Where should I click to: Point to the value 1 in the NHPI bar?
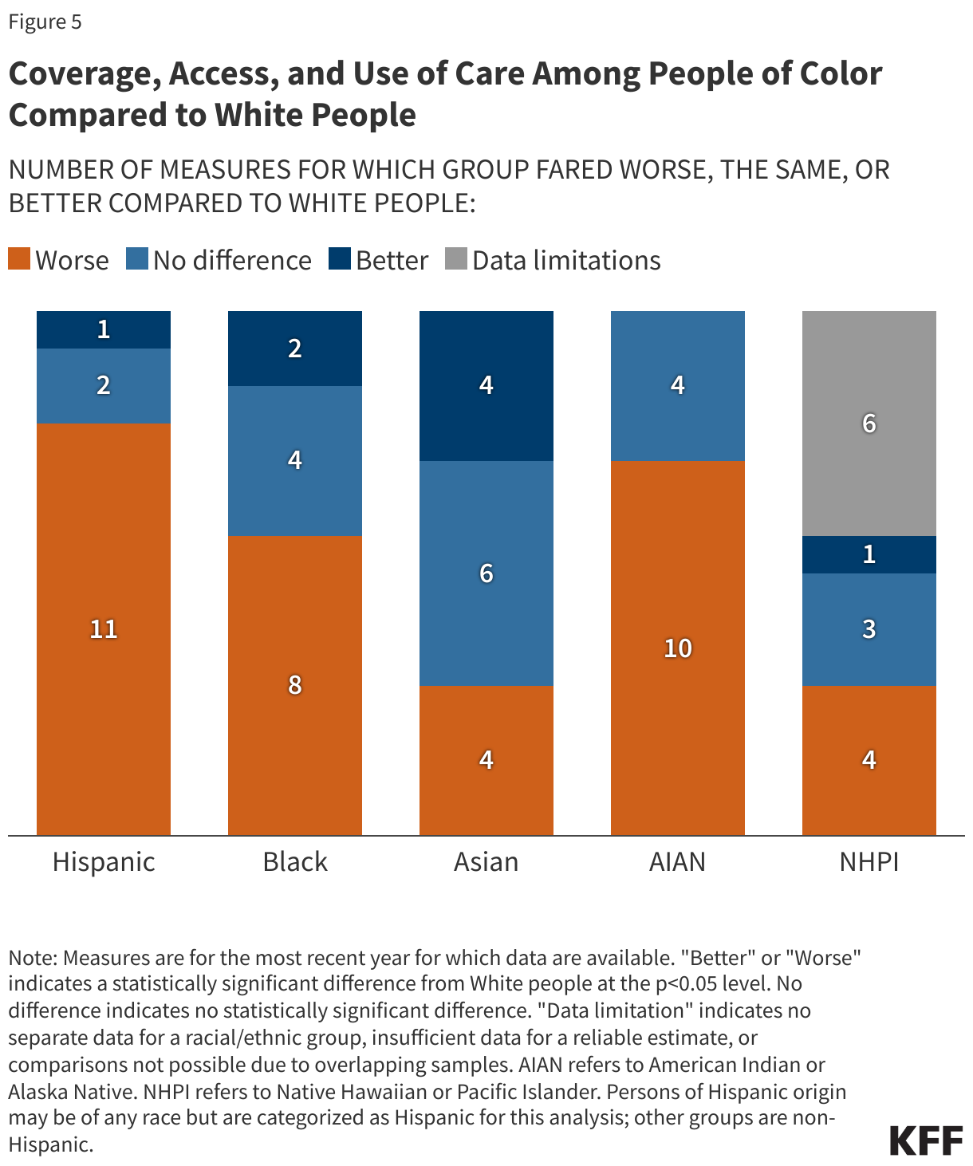pos(869,554)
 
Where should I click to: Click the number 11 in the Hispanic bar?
pos(104,629)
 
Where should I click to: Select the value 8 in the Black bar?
pos(295,684)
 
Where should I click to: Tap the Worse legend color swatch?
pos(19,260)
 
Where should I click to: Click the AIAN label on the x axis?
pos(678,862)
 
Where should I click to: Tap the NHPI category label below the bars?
pos(869,862)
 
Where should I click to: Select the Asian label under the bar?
pos(486,862)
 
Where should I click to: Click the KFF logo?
pos(926,1141)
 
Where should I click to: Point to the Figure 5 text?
pos(45,22)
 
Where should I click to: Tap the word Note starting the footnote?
pos(31,957)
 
